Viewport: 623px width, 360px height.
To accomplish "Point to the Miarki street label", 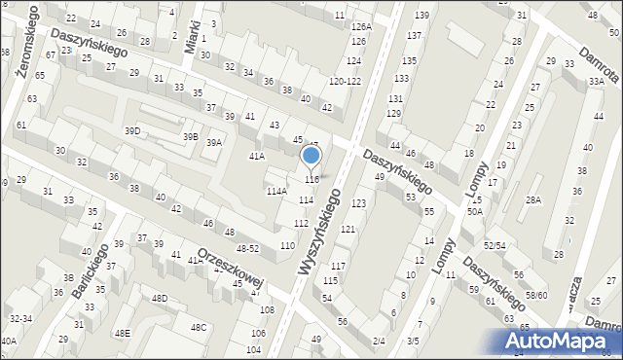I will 193,37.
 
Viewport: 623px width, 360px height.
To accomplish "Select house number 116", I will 311,180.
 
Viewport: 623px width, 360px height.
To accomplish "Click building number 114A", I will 276,192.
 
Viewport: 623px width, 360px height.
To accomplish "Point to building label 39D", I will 131,130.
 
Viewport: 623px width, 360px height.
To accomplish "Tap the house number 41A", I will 257,156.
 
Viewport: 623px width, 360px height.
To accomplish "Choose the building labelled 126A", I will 361,27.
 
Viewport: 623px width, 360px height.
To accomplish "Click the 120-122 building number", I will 345,82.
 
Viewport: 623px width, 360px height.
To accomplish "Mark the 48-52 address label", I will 247,249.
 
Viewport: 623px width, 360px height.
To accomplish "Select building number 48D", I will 160,299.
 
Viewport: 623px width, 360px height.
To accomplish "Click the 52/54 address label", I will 495,246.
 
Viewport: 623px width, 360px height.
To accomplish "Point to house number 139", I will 421,16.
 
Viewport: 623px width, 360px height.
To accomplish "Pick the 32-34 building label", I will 19,318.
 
